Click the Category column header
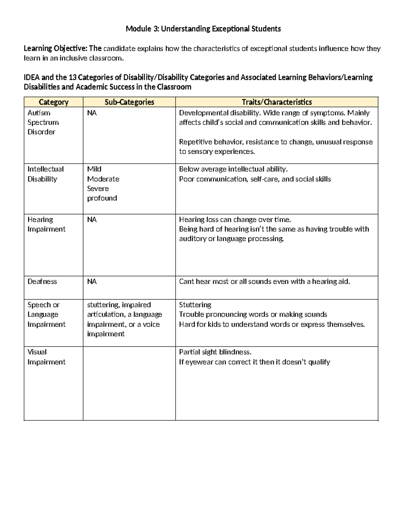click(53, 102)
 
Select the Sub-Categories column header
click(129, 102)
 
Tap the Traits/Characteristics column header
click(276, 102)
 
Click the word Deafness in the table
click(42, 281)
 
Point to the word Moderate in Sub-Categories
click(103, 179)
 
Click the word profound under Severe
click(102, 198)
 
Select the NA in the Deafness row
click(92, 281)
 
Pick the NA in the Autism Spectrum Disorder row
click(92, 113)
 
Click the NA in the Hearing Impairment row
click(92, 220)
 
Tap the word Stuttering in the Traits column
click(195, 305)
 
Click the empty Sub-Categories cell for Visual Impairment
click(129, 383)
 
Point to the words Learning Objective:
click(55, 48)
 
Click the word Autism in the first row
click(39, 113)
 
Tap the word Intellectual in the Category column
click(46, 169)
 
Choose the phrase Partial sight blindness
click(215, 352)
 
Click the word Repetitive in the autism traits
click(195, 142)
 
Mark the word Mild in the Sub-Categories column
click(94, 169)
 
